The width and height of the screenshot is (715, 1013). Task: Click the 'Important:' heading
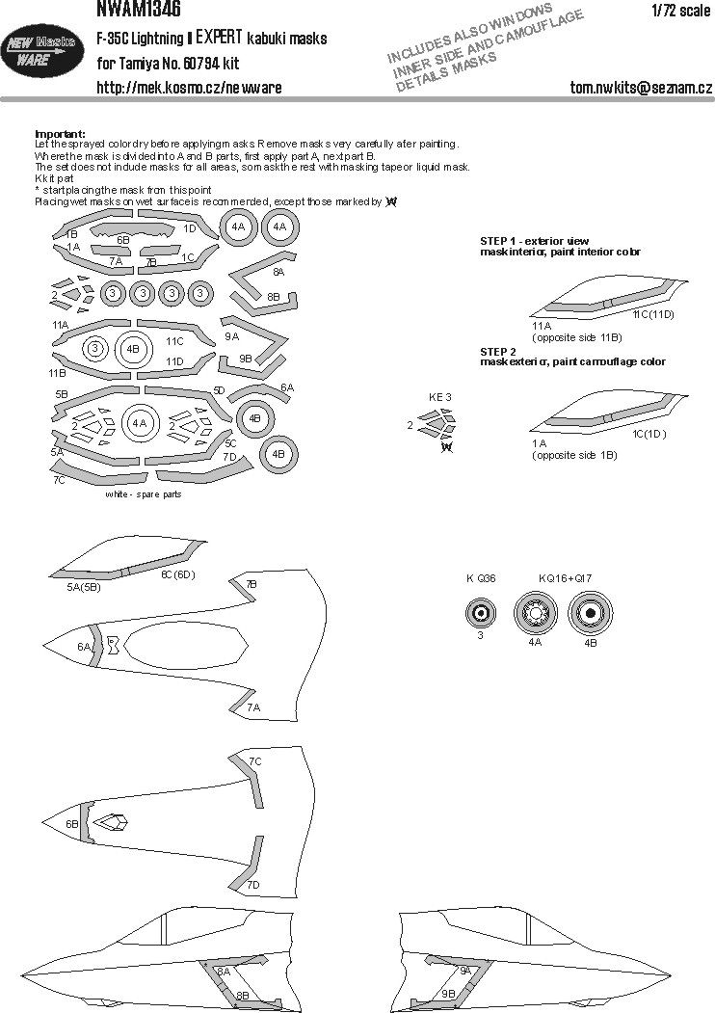click(60, 133)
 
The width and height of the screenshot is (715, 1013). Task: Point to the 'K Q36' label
click(481, 578)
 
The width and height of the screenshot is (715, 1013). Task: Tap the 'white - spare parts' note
click(144, 493)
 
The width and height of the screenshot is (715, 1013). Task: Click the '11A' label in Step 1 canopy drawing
click(542, 327)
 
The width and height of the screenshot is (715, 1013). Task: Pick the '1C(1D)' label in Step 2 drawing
click(650, 434)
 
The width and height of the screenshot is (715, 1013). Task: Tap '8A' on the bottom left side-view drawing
click(224, 973)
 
